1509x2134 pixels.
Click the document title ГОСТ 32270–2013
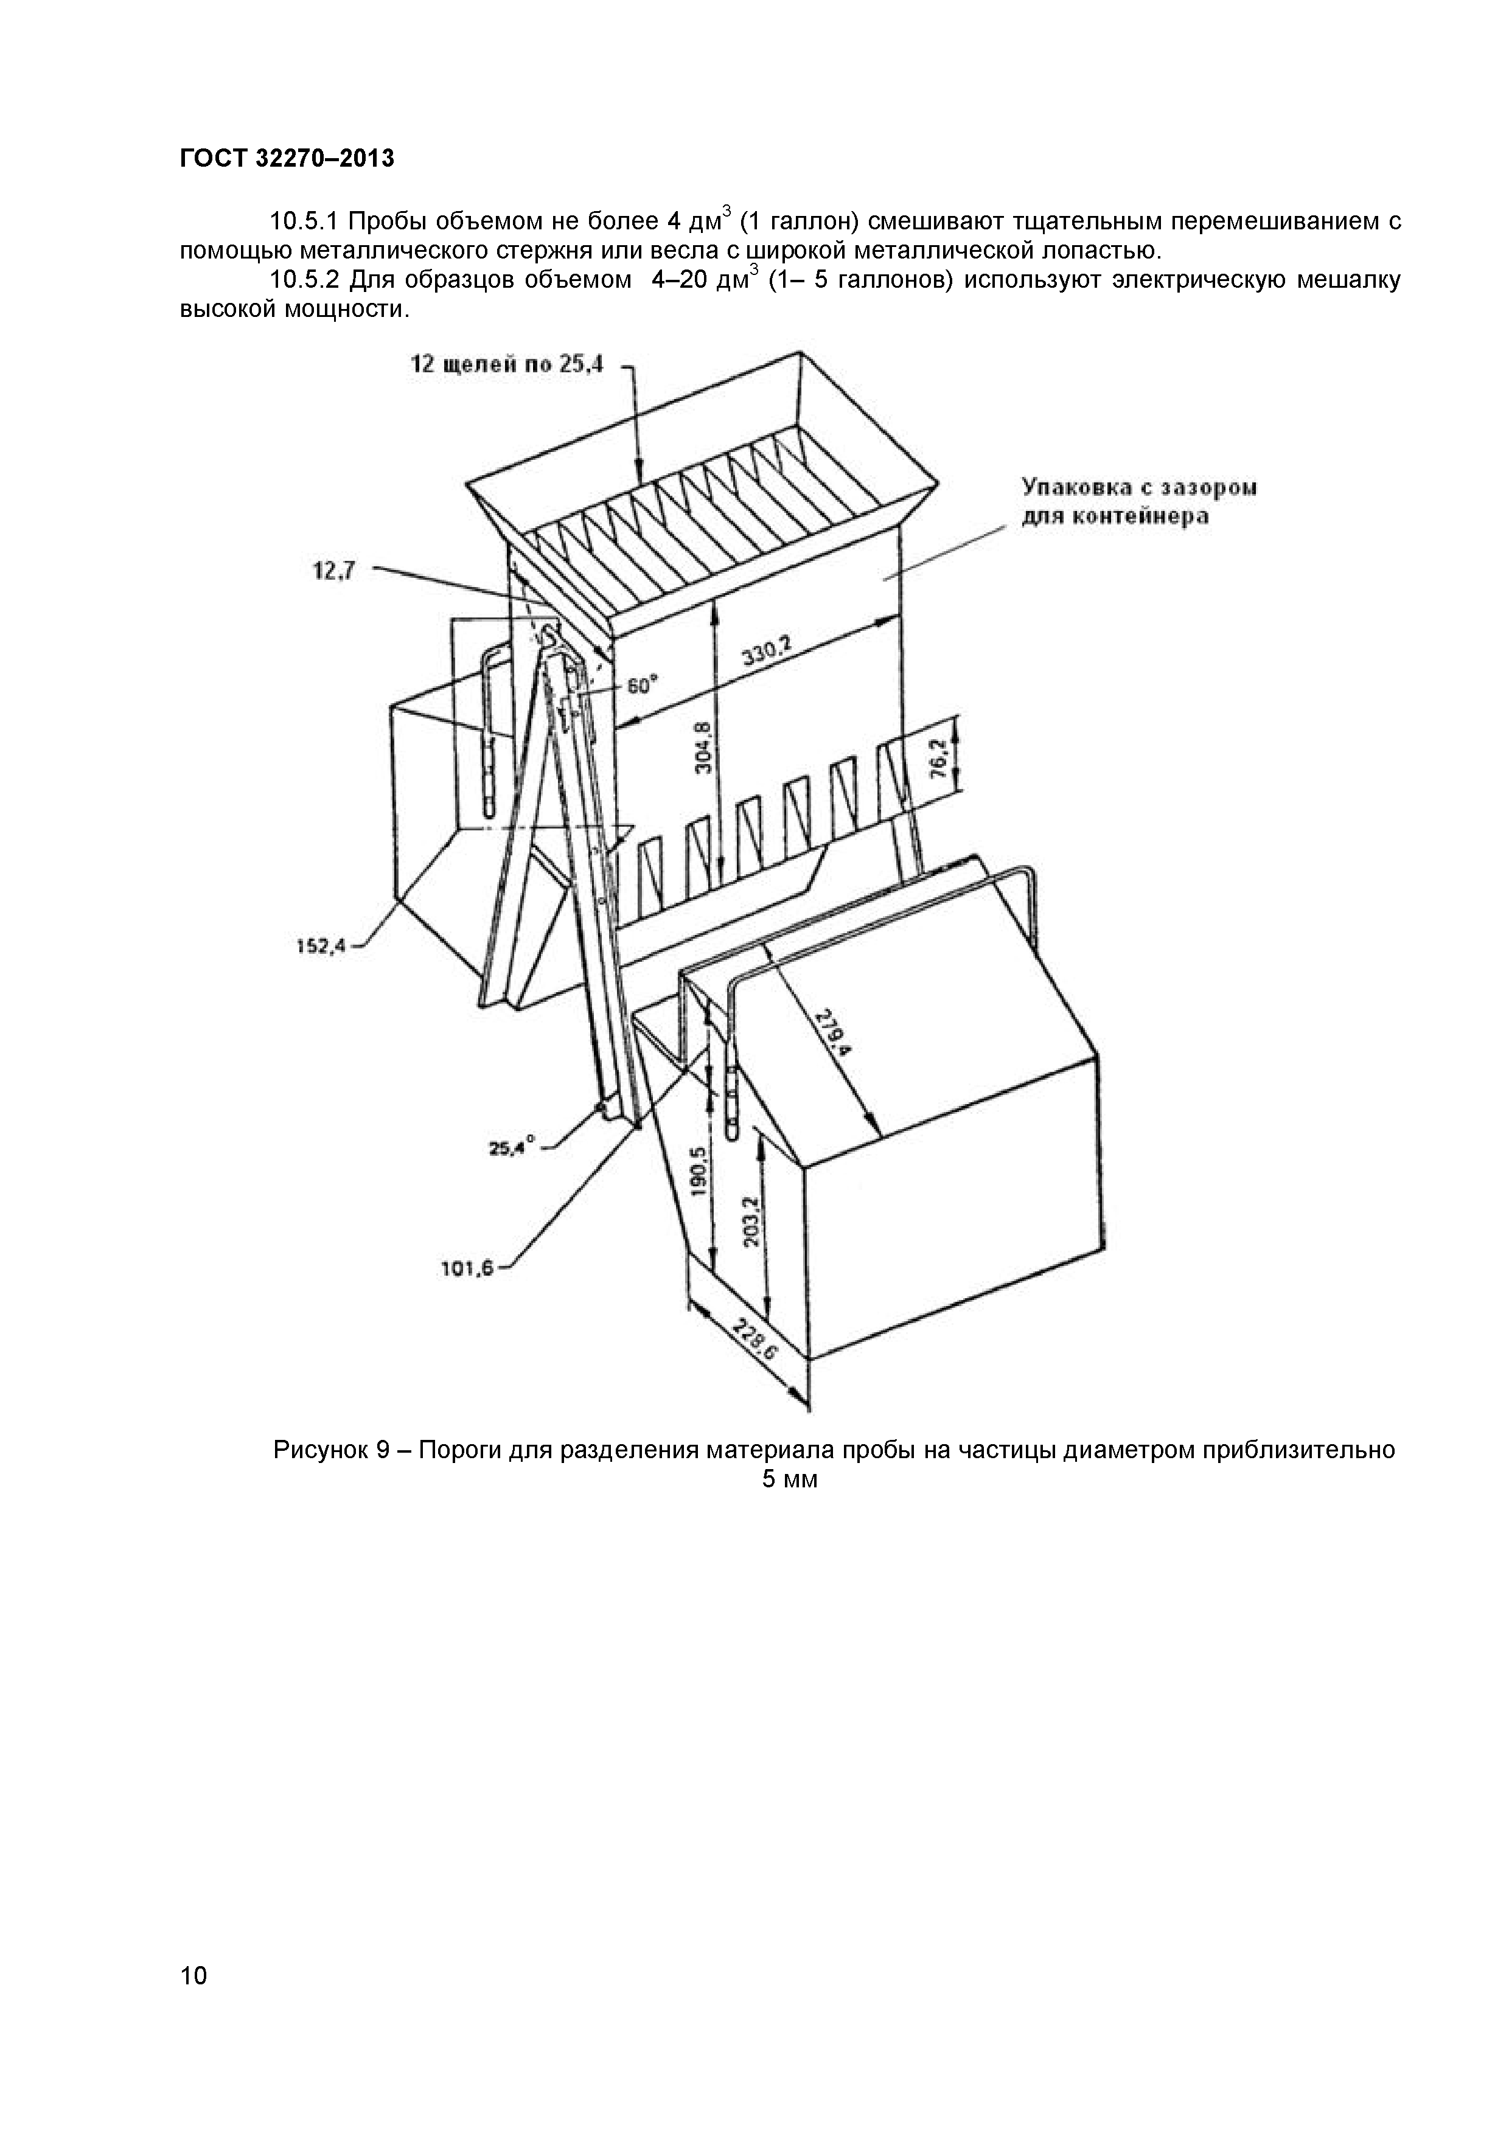point(287,159)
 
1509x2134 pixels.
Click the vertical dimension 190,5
point(700,1173)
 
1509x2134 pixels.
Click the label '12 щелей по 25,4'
point(507,364)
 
